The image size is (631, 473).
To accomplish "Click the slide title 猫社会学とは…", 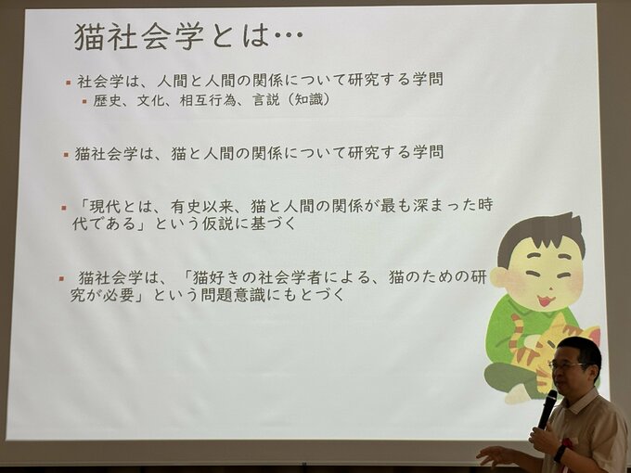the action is click(x=188, y=36).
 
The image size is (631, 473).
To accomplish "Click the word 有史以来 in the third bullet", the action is click(x=201, y=207).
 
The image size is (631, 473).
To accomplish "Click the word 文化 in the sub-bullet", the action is click(x=150, y=100).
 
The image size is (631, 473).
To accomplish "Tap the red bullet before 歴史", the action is click(x=84, y=101).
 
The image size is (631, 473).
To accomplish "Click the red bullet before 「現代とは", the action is click(x=64, y=208).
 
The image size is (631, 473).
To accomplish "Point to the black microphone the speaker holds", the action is click(x=547, y=409).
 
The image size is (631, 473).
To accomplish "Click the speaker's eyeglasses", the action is click(x=567, y=365).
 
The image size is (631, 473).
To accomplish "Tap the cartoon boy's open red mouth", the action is click(x=545, y=300).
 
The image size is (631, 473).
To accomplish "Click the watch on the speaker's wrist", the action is click(x=560, y=454).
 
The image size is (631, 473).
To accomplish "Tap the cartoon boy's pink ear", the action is click(x=500, y=278).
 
